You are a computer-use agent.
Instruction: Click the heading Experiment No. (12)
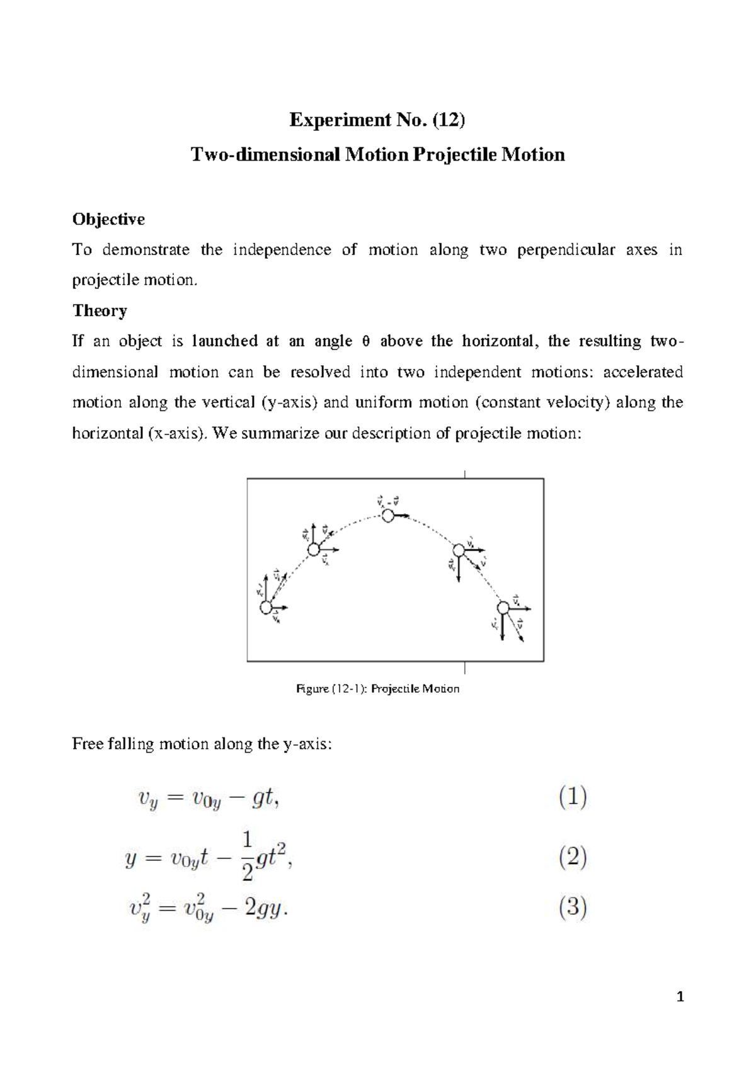377,120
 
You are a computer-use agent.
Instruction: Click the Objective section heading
108,219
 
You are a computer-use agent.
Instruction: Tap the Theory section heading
100,310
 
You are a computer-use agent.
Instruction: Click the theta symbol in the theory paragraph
365,342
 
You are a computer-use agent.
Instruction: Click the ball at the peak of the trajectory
388,516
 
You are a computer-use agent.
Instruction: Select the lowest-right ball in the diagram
503,608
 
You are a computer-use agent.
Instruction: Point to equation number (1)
573,797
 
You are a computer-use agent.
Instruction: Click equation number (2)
573,858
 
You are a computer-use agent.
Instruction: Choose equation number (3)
573,907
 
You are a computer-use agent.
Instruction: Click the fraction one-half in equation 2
247,856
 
